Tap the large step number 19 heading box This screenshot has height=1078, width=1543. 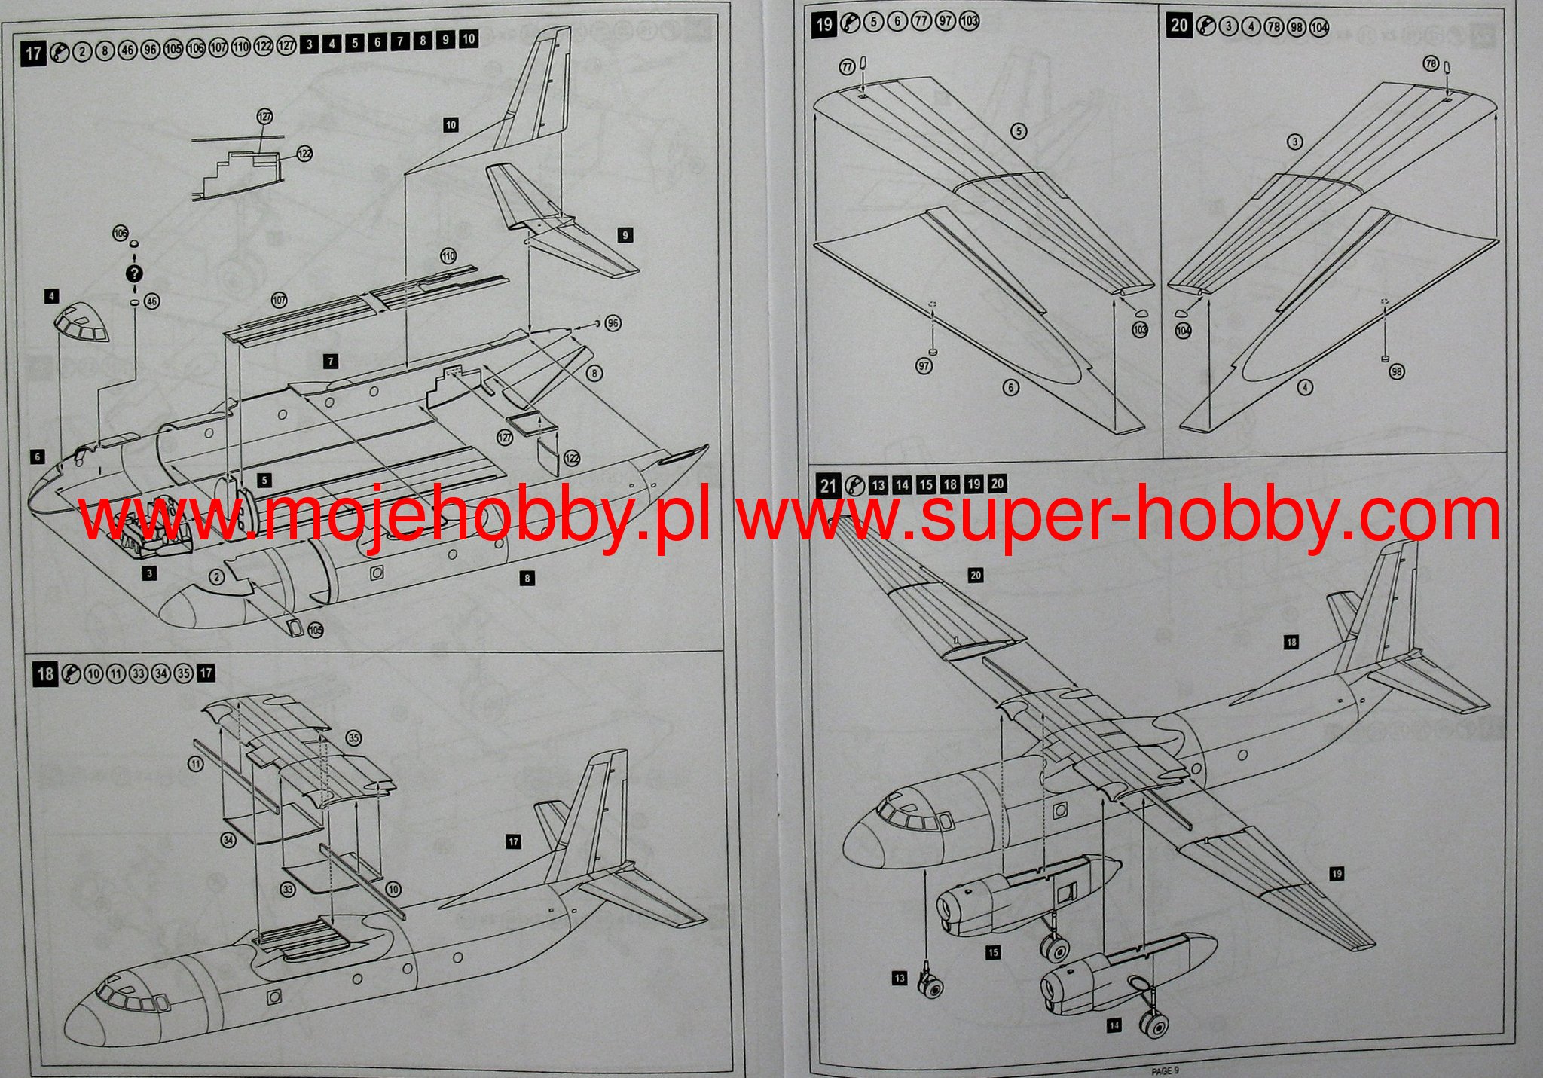824,24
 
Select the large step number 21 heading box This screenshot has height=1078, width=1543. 828,485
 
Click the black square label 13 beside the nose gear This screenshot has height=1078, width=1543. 900,979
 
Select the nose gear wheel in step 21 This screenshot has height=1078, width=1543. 932,985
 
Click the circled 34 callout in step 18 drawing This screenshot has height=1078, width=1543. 228,840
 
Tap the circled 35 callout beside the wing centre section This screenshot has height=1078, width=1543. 353,737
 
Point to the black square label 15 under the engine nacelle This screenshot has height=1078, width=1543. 993,953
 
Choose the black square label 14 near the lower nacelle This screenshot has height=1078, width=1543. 1114,1025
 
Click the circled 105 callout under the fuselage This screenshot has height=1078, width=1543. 315,630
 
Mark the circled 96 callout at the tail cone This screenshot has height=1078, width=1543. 613,323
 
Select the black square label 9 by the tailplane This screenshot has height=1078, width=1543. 625,235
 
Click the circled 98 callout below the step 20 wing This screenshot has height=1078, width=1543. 1398,371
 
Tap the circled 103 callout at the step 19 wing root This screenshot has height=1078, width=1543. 1140,330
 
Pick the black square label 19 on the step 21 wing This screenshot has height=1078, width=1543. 1337,874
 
